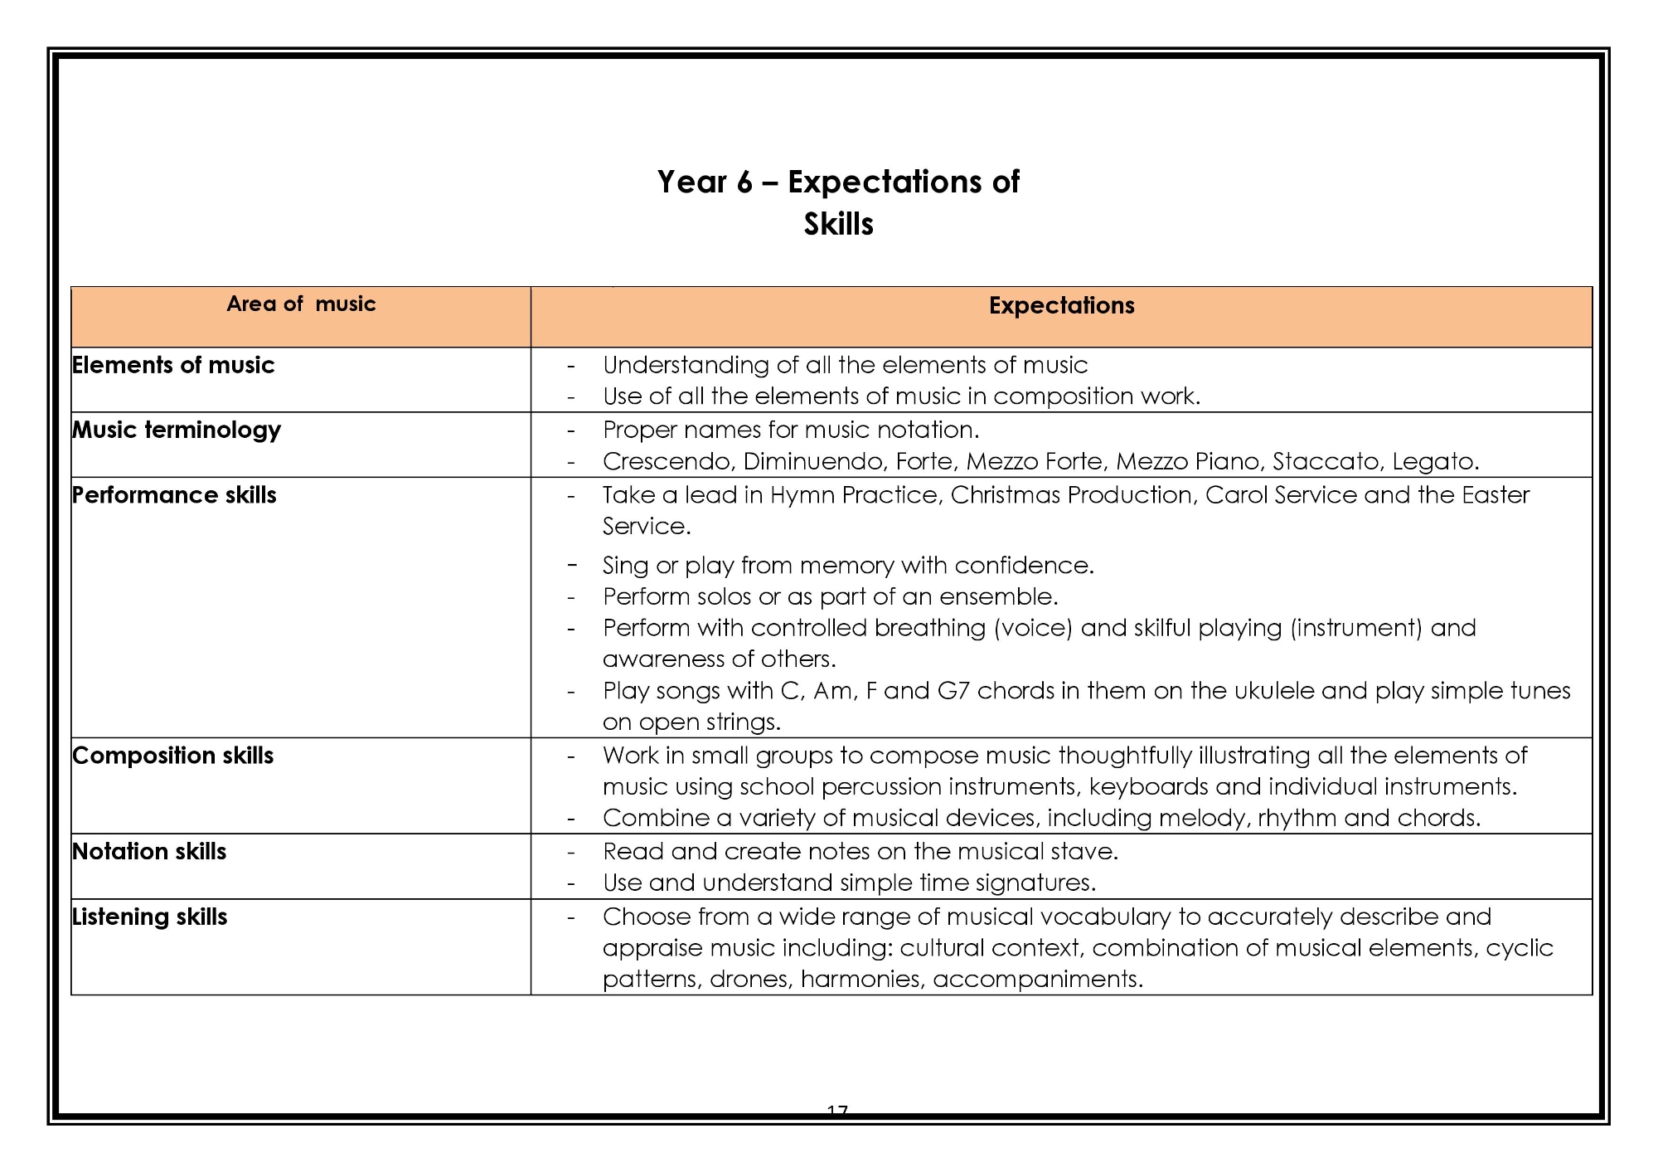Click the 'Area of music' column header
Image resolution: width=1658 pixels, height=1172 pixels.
(x=301, y=304)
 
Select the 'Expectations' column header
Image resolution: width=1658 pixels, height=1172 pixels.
(x=1061, y=306)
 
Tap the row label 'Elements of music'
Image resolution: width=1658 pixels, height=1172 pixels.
(x=173, y=365)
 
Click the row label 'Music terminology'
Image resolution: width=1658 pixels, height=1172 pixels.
(x=177, y=430)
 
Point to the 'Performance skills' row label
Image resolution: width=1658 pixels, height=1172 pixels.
(x=174, y=495)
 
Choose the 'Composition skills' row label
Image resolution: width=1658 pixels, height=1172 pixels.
(x=173, y=756)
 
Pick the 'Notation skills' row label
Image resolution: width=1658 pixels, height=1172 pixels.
(x=149, y=852)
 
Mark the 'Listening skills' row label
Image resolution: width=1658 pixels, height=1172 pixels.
(x=150, y=917)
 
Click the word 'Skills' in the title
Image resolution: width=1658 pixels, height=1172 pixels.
(x=838, y=225)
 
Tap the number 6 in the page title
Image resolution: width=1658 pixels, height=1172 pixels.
(x=744, y=182)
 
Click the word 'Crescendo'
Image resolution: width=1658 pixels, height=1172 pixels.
(x=667, y=461)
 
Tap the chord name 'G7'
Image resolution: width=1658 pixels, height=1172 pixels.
(x=953, y=691)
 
